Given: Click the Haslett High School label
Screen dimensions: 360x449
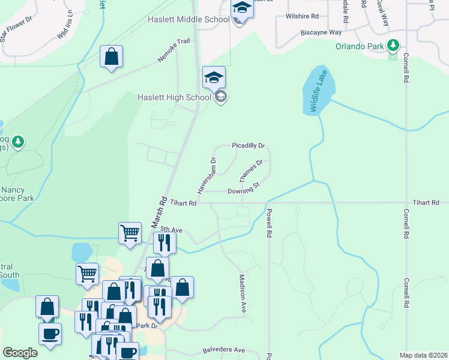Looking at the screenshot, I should tap(174, 97).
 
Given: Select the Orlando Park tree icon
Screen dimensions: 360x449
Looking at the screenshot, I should tap(393, 45).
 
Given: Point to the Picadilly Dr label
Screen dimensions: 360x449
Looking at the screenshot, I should tap(249, 146).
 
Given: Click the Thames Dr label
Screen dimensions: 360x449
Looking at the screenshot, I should tap(252, 171).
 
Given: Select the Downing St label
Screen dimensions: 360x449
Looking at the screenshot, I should tap(243, 191).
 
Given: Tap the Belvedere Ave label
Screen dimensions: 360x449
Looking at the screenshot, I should tap(224, 350).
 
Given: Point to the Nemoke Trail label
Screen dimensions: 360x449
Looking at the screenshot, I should tap(174, 49).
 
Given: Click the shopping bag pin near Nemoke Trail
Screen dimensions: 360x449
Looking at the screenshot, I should tap(111, 57).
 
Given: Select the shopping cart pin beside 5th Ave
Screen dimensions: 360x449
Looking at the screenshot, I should tap(130, 232).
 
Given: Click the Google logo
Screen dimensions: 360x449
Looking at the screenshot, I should tap(20, 353).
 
